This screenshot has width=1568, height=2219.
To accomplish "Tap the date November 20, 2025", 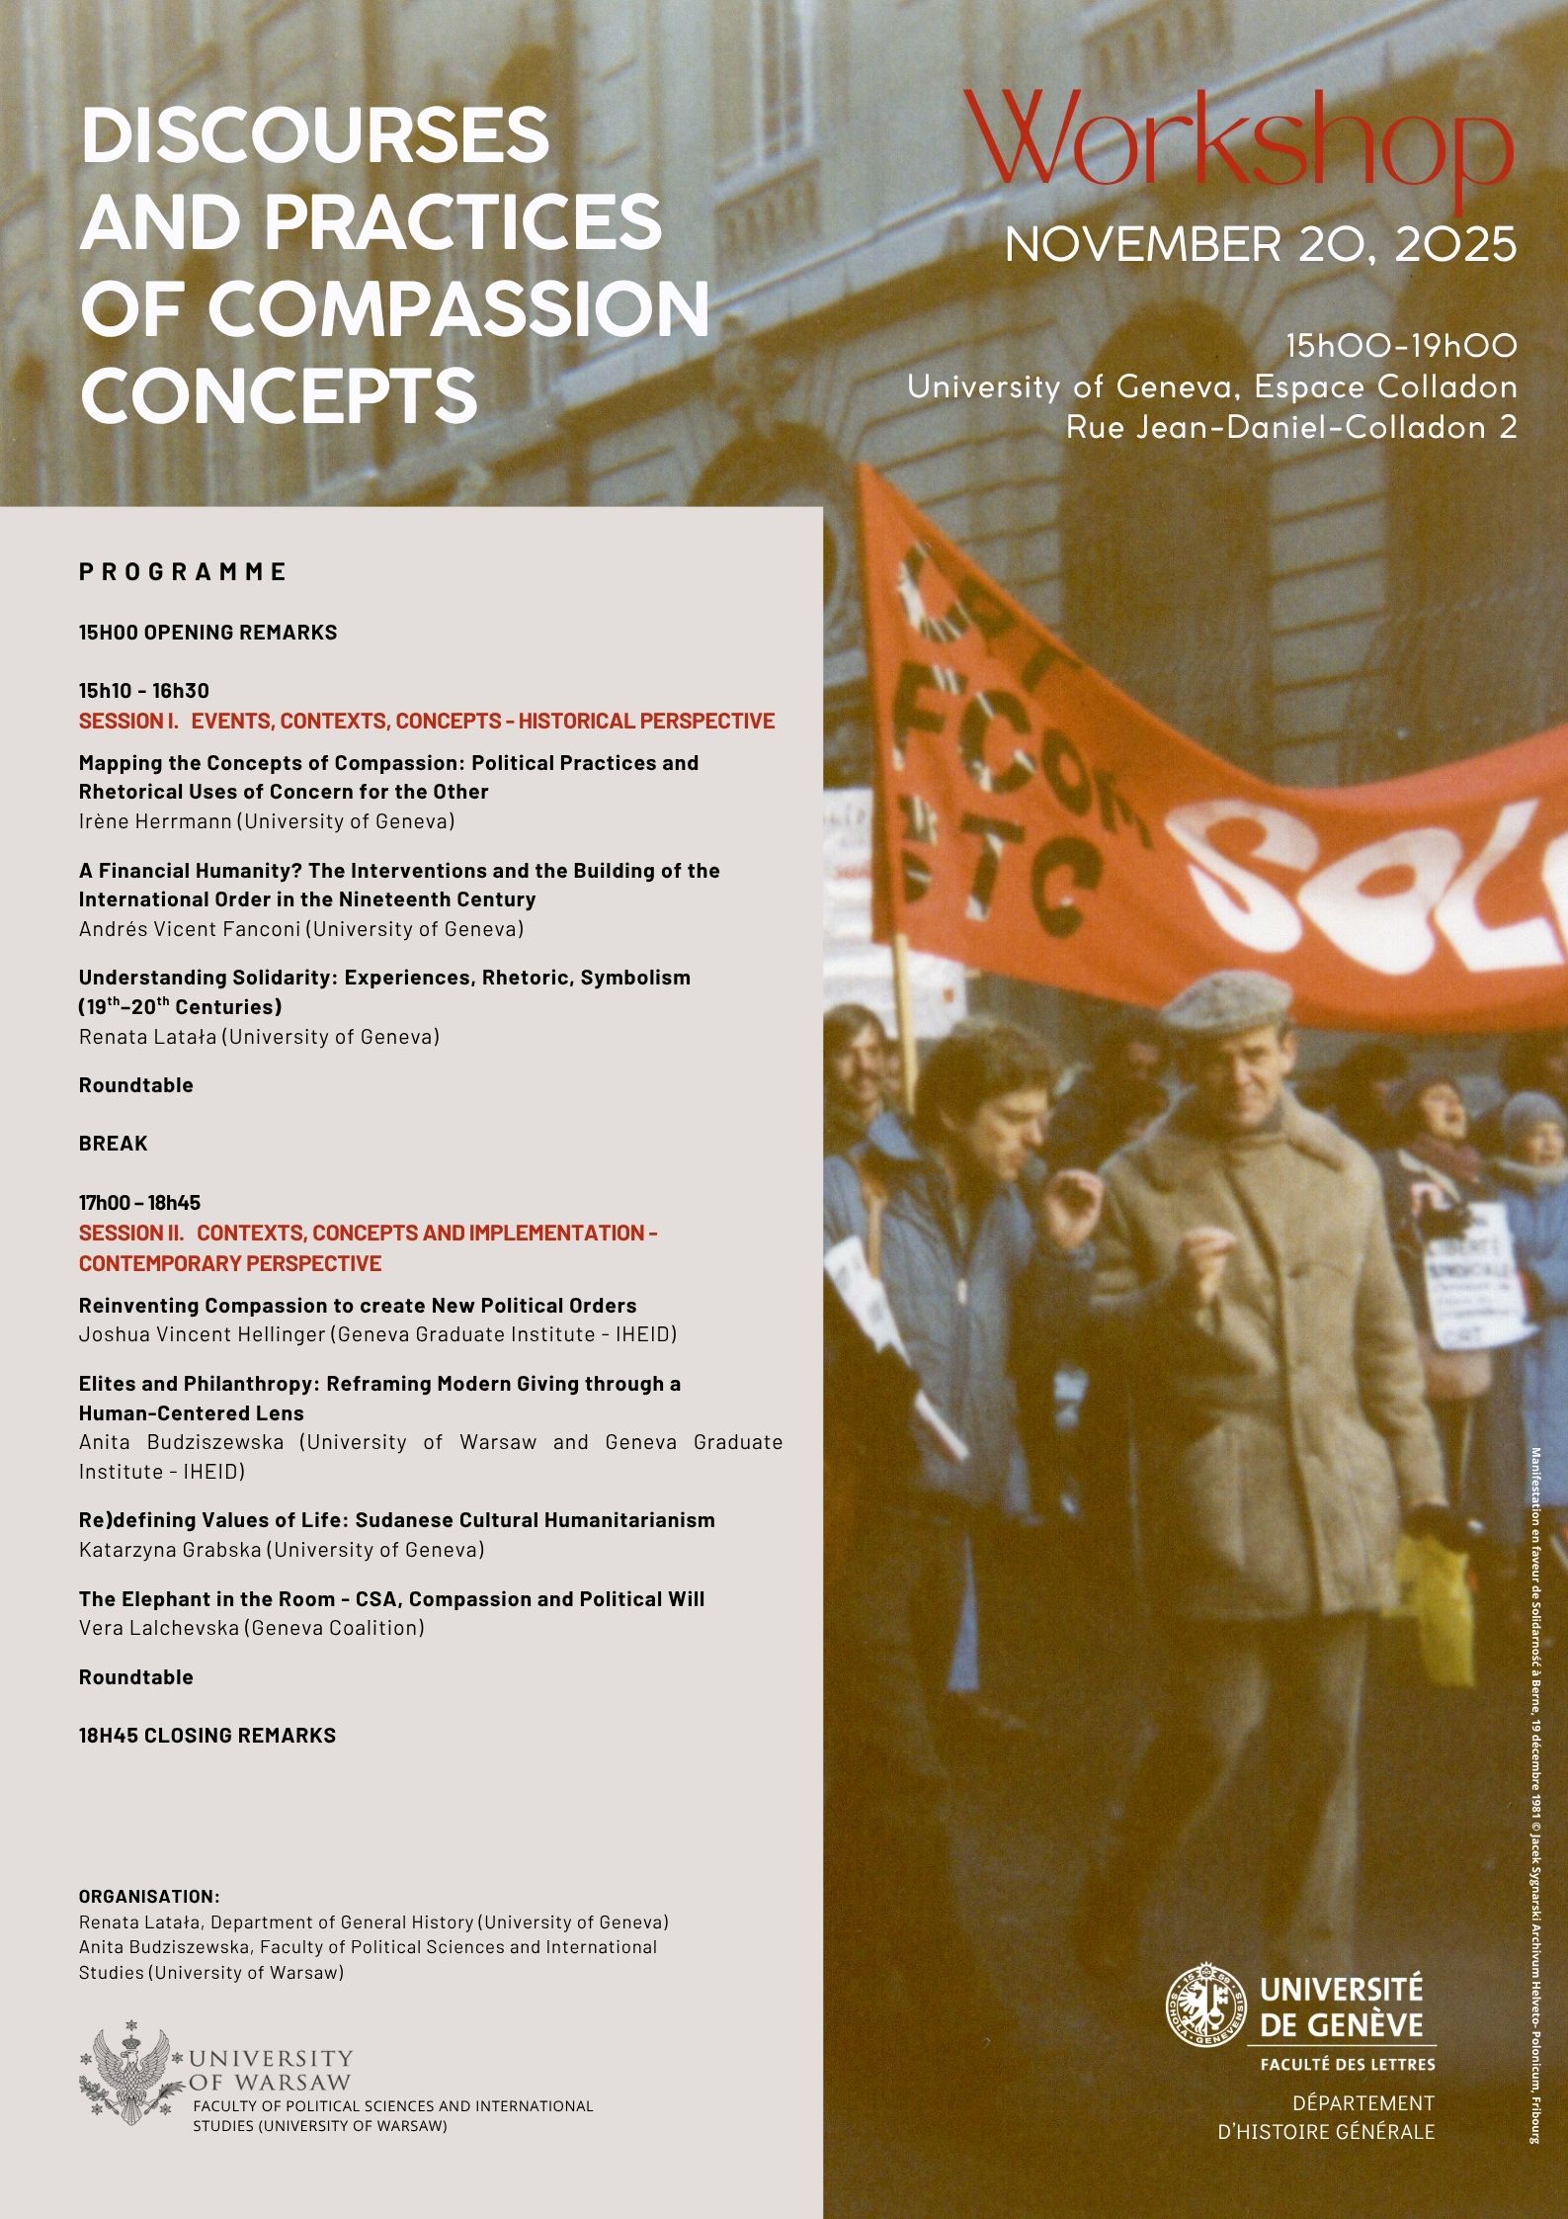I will coord(1260,243).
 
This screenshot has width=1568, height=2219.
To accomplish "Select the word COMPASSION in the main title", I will coord(458,307).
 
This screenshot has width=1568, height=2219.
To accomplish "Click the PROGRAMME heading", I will coord(183,571).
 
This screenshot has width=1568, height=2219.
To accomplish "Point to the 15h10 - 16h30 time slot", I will coord(144,691).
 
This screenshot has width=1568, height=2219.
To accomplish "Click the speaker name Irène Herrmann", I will coord(155,820).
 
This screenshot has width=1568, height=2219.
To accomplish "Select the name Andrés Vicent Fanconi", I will coord(194,928).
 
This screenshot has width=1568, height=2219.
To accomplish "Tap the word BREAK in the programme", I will coord(114,1143).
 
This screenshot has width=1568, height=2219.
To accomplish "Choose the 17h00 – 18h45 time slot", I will coord(139,1203).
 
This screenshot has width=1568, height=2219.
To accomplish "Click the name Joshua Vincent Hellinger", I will coord(202,1333).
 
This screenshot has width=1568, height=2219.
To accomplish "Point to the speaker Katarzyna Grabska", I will coord(170,1549).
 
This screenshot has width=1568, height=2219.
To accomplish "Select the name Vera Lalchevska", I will coord(159,1627).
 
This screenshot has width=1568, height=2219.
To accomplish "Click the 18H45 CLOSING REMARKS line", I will coord(207,1735).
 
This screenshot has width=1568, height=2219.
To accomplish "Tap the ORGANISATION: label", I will coord(149,1896).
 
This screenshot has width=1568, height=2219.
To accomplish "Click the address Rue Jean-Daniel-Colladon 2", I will coord(1291,427).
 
